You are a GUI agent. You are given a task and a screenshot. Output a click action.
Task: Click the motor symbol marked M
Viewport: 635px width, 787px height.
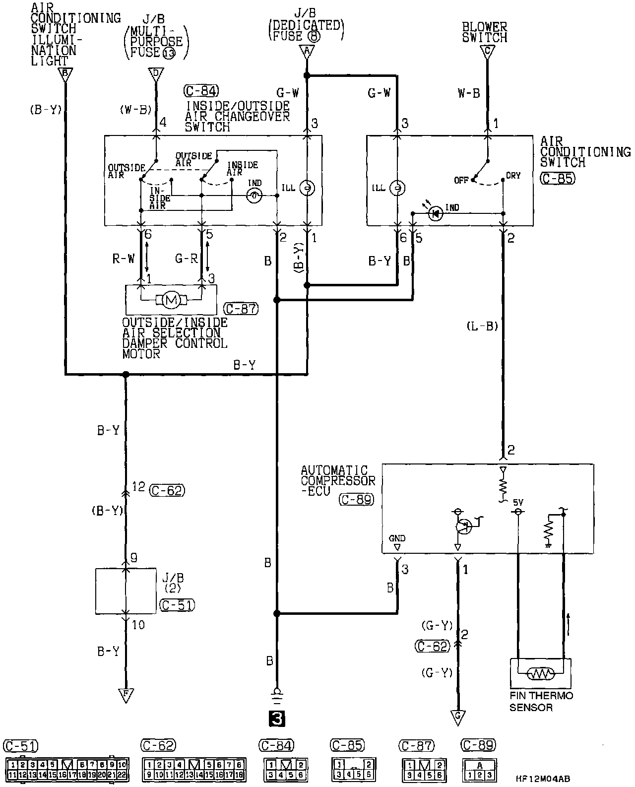[x=171, y=300]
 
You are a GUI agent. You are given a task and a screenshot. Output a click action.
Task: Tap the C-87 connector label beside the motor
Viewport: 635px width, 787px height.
[x=242, y=309]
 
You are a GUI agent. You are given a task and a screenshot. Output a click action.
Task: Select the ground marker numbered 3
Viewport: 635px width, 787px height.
[x=277, y=718]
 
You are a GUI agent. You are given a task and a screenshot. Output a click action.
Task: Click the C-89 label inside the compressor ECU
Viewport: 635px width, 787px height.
[x=356, y=499]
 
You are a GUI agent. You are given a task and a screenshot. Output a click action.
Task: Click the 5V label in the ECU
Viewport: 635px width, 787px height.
[x=518, y=503]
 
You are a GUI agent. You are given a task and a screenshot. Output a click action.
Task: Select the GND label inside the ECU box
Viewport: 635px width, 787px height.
[x=397, y=538]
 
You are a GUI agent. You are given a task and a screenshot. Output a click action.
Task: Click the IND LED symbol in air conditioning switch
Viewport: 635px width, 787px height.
[x=436, y=214]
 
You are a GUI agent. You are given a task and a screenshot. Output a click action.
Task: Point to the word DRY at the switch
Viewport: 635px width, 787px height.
[x=513, y=176]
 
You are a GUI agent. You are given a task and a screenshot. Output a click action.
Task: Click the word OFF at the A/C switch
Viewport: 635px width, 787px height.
[x=461, y=180]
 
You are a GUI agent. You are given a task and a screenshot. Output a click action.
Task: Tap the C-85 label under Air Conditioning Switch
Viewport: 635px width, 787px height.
[x=558, y=178]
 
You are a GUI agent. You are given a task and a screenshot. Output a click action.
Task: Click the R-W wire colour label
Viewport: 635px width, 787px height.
[x=124, y=259]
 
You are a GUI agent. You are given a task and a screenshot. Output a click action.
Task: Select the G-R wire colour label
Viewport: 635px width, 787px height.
[x=186, y=259]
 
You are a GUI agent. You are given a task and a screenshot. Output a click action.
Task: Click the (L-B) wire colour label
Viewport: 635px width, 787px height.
[x=482, y=326]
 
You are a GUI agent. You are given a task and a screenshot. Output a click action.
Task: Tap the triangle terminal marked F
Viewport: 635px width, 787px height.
[x=126, y=696]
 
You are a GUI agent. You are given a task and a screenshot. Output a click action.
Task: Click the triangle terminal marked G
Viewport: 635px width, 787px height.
[x=458, y=717]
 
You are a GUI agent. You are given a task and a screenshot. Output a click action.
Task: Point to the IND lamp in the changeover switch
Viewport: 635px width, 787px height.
[x=254, y=196]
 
